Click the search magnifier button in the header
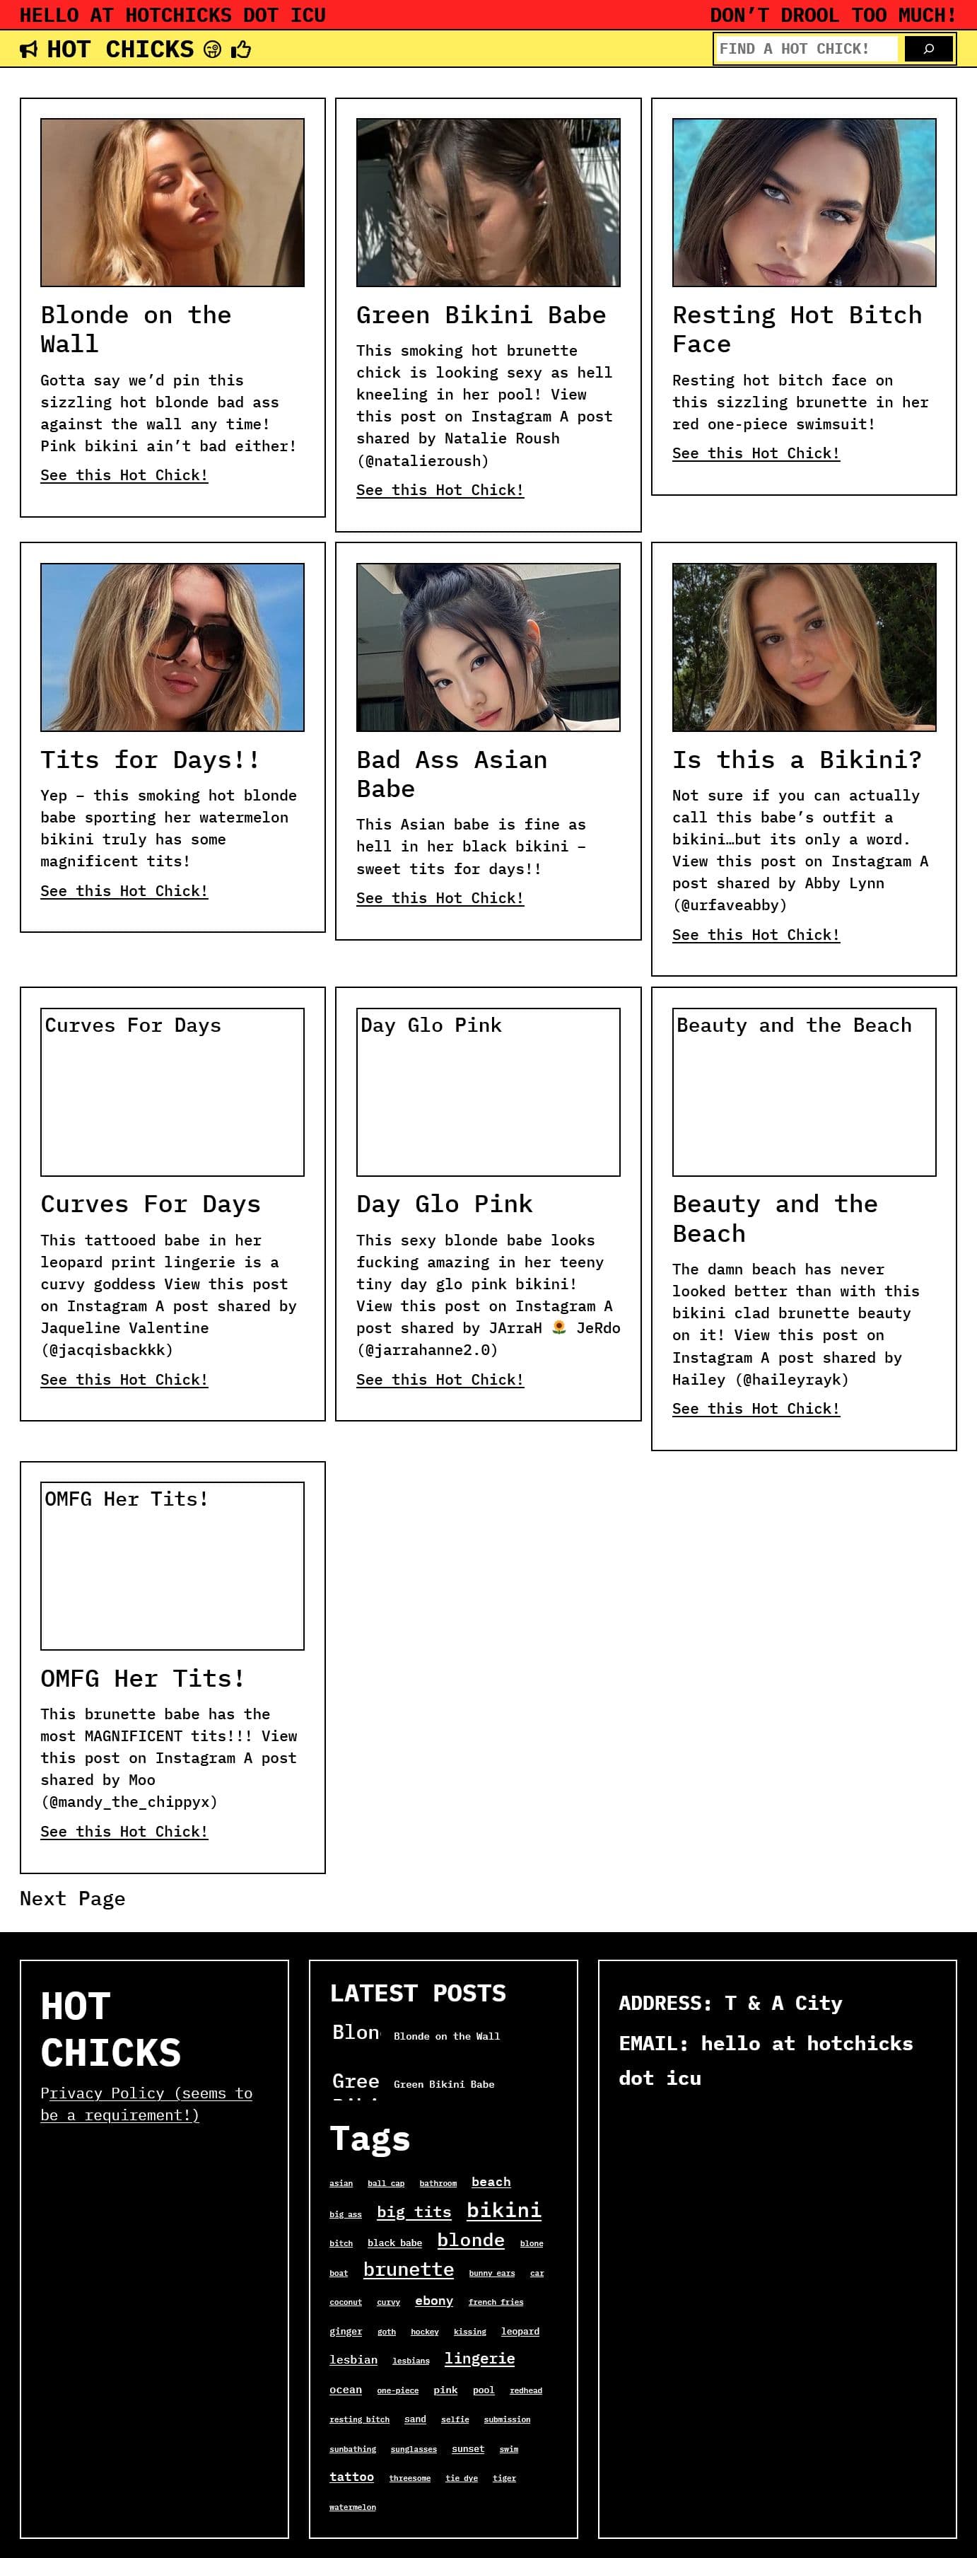[928, 49]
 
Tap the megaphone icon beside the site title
[30, 50]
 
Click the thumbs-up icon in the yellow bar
[241, 50]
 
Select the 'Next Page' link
[73, 1899]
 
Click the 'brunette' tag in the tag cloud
[408, 2270]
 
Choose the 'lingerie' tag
[479, 2359]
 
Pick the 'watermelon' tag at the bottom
[353, 2506]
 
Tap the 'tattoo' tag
[351, 2477]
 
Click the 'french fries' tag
[496, 2302]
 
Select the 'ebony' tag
[434, 2301]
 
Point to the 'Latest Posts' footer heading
[417, 1993]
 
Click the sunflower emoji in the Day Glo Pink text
[559, 1327]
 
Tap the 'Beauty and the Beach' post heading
[774, 1219]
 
